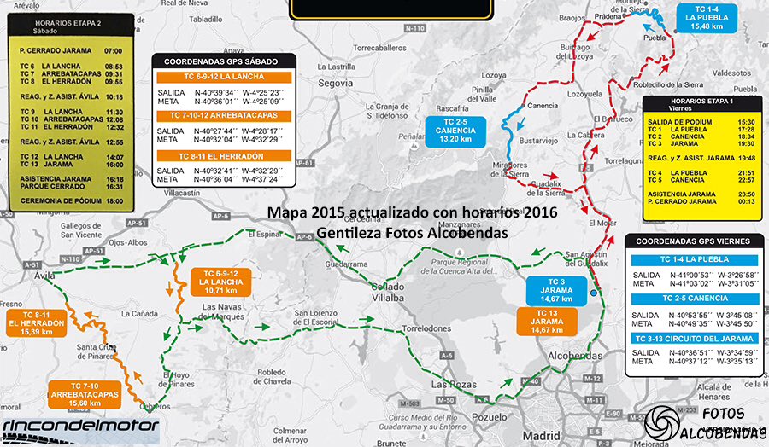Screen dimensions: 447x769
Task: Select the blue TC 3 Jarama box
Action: click(556, 289)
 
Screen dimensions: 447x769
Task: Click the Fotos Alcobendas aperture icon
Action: click(660, 424)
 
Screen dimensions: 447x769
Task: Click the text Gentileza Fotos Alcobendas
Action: click(411, 231)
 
